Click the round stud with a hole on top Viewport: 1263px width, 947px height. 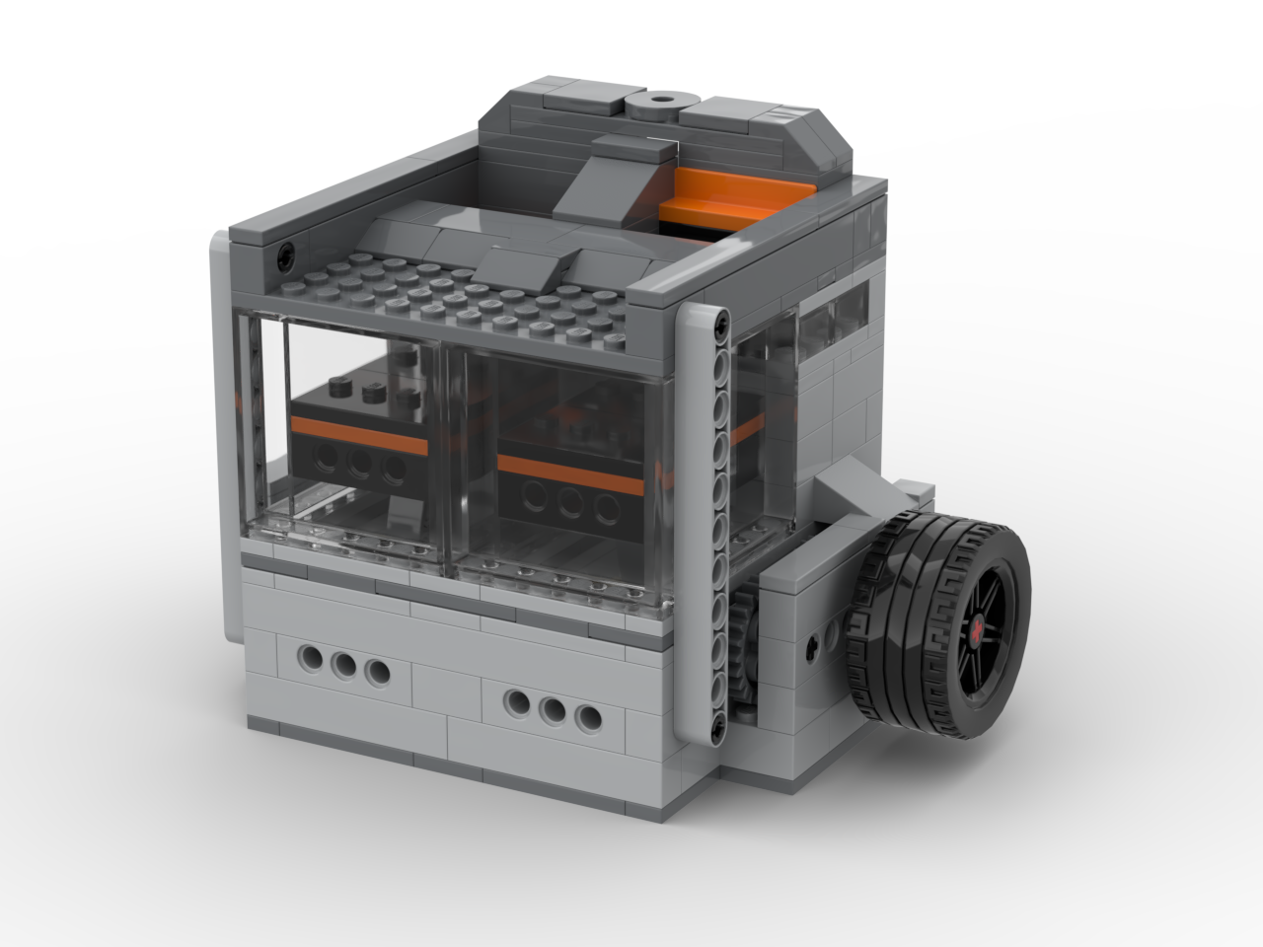[658, 103]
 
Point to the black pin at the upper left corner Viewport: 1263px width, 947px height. [285, 254]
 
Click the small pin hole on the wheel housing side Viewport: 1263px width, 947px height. [810, 646]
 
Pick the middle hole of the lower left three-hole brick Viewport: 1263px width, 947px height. [344, 666]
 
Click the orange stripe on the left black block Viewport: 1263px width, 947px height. [359, 433]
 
